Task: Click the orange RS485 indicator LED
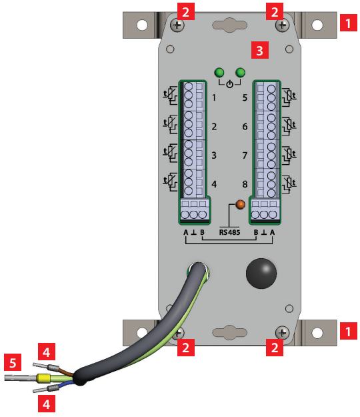(x=240, y=204)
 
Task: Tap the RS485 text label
(x=229, y=232)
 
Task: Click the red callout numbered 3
(x=260, y=50)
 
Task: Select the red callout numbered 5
(x=13, y=362)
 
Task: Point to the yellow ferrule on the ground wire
(x=43, y=378)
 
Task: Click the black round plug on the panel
(x=261, y=274)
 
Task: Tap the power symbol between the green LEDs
(x=229, y=84)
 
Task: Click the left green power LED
(x=219, y=72)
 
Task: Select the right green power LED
(x=241, y=72)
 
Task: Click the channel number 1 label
(x=214, y=97)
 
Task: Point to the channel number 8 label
(x=245, y=184)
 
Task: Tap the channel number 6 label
(x=245, y=126)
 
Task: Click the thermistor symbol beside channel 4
(x=170, y=182)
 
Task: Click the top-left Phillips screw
(x=177, y=25)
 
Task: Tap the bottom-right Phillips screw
(x=282, y=333)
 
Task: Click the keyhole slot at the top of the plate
(x=229, y=25)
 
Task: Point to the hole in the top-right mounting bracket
(x=317, y=25)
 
